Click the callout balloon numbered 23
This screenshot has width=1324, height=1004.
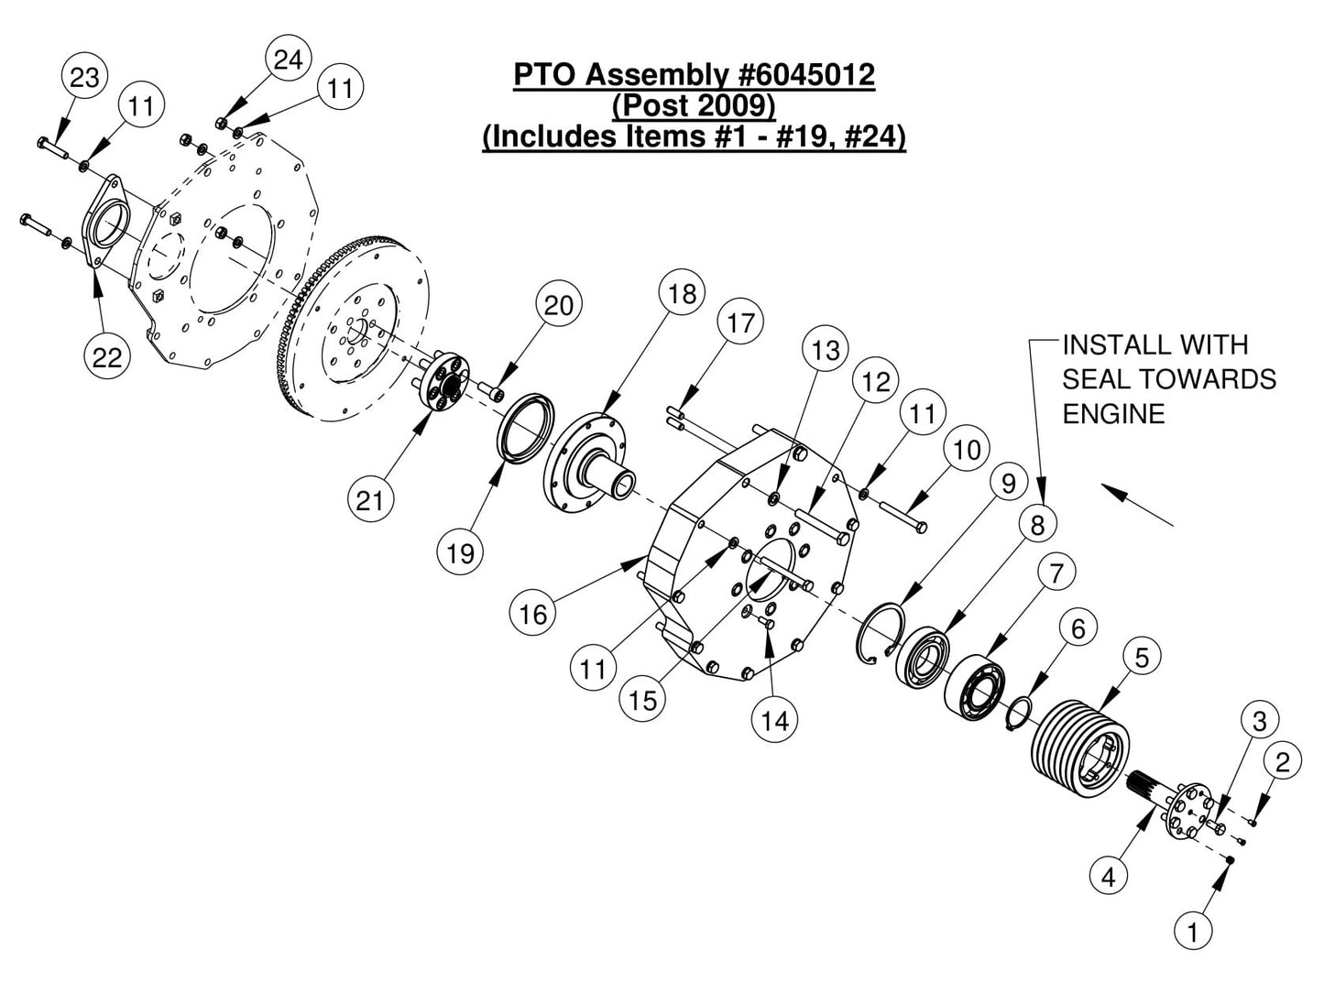point(84,78)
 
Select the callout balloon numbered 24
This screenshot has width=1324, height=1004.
point(288,60)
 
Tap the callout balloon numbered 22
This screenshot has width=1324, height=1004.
point(107,356)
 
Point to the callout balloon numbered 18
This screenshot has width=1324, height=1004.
point(683,294)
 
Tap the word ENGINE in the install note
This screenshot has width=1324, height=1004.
point(1113,413)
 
